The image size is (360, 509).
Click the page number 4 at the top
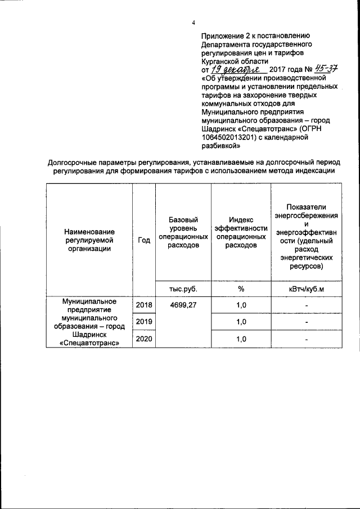tap(193, 22)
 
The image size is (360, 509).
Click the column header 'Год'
tap(144, 240)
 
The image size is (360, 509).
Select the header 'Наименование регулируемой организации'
tap(89, 240)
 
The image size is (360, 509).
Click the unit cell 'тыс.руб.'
tap(183, 289)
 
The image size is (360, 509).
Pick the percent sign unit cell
tap(240, 289)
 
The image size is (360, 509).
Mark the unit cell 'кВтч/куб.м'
tap(307, 289)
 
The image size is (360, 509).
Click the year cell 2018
tap(144, 304)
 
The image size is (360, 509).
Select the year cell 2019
tap(144, 322)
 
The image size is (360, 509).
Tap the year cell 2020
tap(144, 339)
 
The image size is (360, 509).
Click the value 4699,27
tap(183, 304)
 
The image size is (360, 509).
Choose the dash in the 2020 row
tap(307, 340)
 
